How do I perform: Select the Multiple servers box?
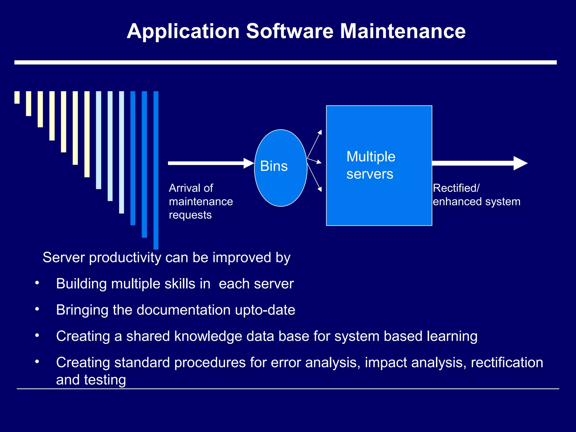point(379,197)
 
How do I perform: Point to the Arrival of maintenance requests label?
point(201,201)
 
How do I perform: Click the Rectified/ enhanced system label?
point(476,195)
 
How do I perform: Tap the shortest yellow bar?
point(17,97)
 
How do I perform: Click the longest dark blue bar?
point(156,170)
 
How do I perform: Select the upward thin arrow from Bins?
point(314,144)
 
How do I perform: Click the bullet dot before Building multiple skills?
point(37,283)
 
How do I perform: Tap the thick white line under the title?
point(285,62)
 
